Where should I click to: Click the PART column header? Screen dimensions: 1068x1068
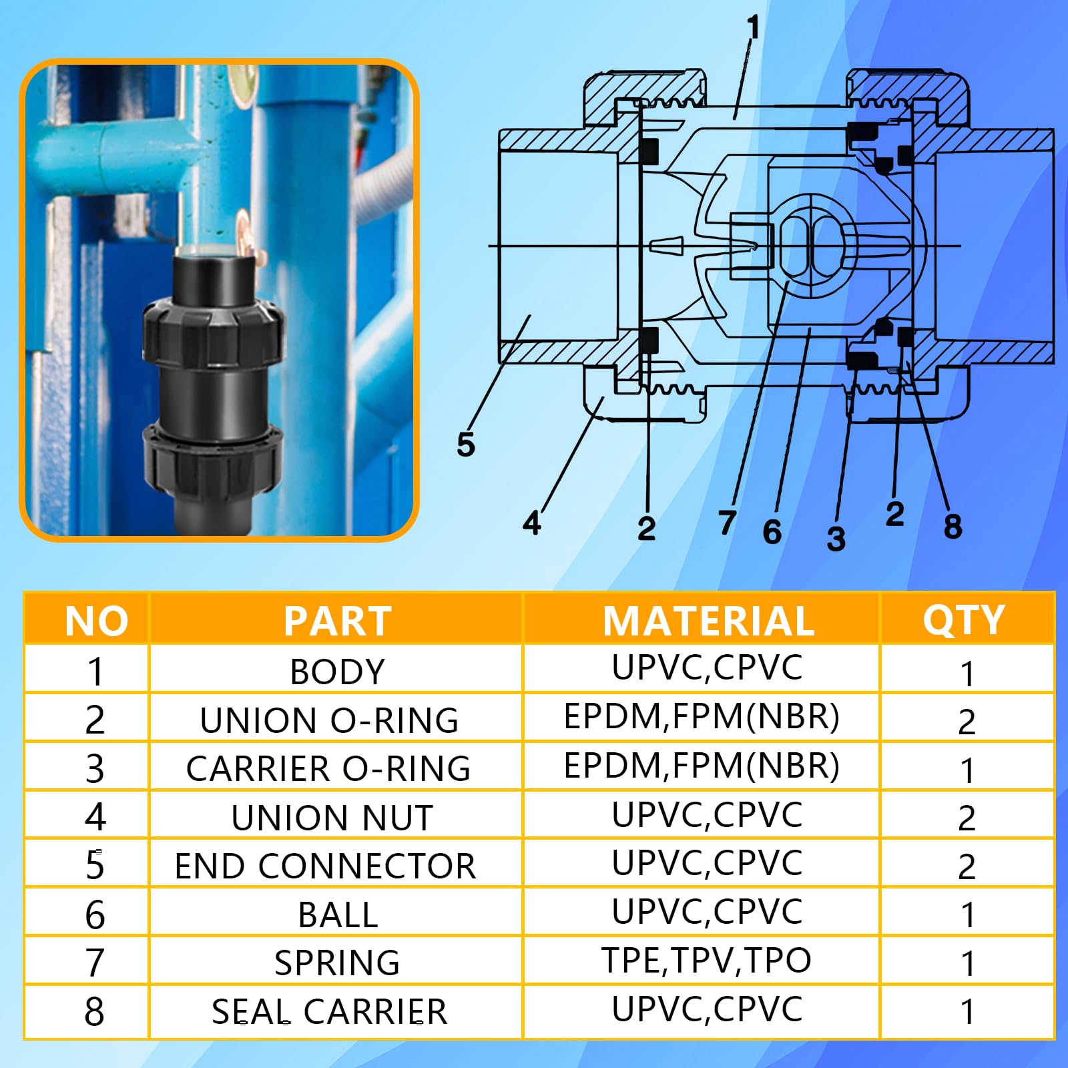pos(338,621)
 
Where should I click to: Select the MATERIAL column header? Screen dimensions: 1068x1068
pos(709,621)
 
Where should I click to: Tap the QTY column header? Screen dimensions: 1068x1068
pos(964,621)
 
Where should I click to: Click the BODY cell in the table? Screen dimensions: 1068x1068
pos(338,672)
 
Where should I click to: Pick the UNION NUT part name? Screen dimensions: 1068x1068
pos(332,818)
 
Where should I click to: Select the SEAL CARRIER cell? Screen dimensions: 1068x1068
pos(330,1012)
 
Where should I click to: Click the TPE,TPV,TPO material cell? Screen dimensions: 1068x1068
pos(706,961)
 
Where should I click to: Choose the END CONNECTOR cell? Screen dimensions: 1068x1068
pos(326,866)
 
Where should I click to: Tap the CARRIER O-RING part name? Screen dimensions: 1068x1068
pos(328,769)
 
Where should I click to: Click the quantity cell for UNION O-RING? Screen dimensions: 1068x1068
pos(967,722)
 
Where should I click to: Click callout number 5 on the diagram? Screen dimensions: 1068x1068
pos(466,445)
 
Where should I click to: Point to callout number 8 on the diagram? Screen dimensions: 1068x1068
pos(953,526)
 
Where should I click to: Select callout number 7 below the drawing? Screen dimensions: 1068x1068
pos(728,523)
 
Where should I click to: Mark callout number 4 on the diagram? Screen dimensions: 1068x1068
pos(532,523)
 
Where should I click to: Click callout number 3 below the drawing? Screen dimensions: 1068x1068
pos(836,539)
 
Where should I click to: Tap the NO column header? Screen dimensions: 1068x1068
pos(97,621)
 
